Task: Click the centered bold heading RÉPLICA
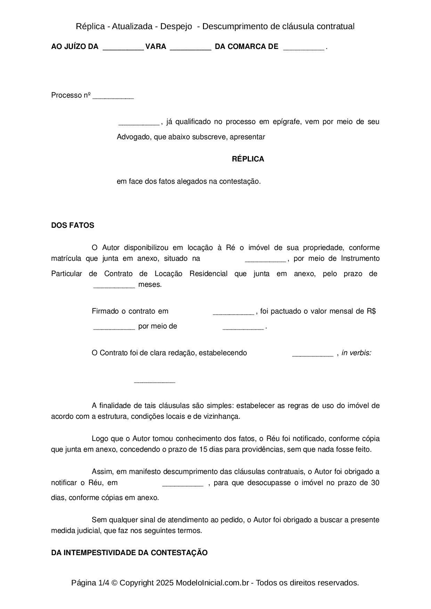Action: (x=248, y=159)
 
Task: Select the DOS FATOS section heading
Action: (x=73, y=225)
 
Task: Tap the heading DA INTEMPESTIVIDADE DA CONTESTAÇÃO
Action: (x=129, y=553)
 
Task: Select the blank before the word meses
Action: (x=114, y=285)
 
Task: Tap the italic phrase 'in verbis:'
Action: (x=357, y=353)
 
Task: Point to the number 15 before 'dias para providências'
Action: (x=203, y=450)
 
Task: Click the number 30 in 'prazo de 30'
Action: (x=375, y=483)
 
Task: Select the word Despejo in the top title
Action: (x=176, y=26)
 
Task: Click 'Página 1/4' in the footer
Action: (x=90, y=583)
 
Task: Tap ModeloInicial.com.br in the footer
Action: (x=212, y=583)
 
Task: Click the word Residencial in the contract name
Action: (x=209, y=274)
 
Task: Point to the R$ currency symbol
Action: (x=371, y=311)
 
